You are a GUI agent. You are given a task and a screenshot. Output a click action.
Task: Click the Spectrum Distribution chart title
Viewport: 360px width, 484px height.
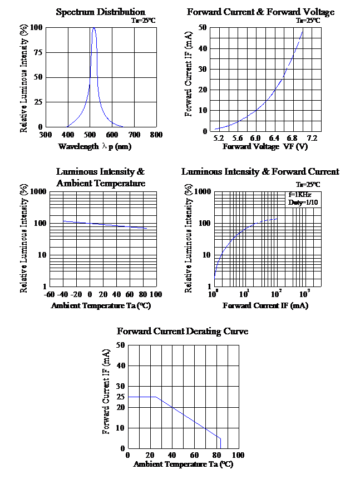[100, 12]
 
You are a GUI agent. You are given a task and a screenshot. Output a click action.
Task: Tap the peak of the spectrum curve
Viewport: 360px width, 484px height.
[93, 28]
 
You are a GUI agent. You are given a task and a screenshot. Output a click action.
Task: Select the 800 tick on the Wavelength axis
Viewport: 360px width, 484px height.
[156, 135]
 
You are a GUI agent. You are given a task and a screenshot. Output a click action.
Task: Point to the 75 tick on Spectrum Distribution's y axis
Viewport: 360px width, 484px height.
[37, 52]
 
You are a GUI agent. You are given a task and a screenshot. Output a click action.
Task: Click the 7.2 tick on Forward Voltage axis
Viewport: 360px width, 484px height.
[312, 138]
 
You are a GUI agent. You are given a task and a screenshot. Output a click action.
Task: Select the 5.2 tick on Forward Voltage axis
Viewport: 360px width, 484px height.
[218, 138]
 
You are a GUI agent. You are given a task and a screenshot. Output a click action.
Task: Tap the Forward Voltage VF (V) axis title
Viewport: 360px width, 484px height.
[265, 146]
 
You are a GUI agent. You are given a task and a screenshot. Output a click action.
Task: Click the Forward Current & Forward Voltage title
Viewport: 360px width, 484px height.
[260, 12]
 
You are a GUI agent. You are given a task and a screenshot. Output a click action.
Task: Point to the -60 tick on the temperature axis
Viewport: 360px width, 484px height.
[49, 294]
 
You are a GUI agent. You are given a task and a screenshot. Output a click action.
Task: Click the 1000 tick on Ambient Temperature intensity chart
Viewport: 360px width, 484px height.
[34, 191]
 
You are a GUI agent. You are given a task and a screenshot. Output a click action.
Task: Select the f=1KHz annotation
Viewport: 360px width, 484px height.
[299, 195]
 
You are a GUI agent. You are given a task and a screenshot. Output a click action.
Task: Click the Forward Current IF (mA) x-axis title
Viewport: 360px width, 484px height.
[265, 305]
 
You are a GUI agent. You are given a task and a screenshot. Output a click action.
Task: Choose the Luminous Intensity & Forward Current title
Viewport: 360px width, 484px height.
[260, 171]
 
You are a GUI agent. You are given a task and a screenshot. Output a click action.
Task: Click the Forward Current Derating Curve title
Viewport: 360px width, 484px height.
[183, 331]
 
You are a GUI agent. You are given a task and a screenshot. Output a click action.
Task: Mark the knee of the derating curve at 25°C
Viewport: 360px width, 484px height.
[155, 397]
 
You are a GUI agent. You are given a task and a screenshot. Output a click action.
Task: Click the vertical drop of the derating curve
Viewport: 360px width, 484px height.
[220, 443]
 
